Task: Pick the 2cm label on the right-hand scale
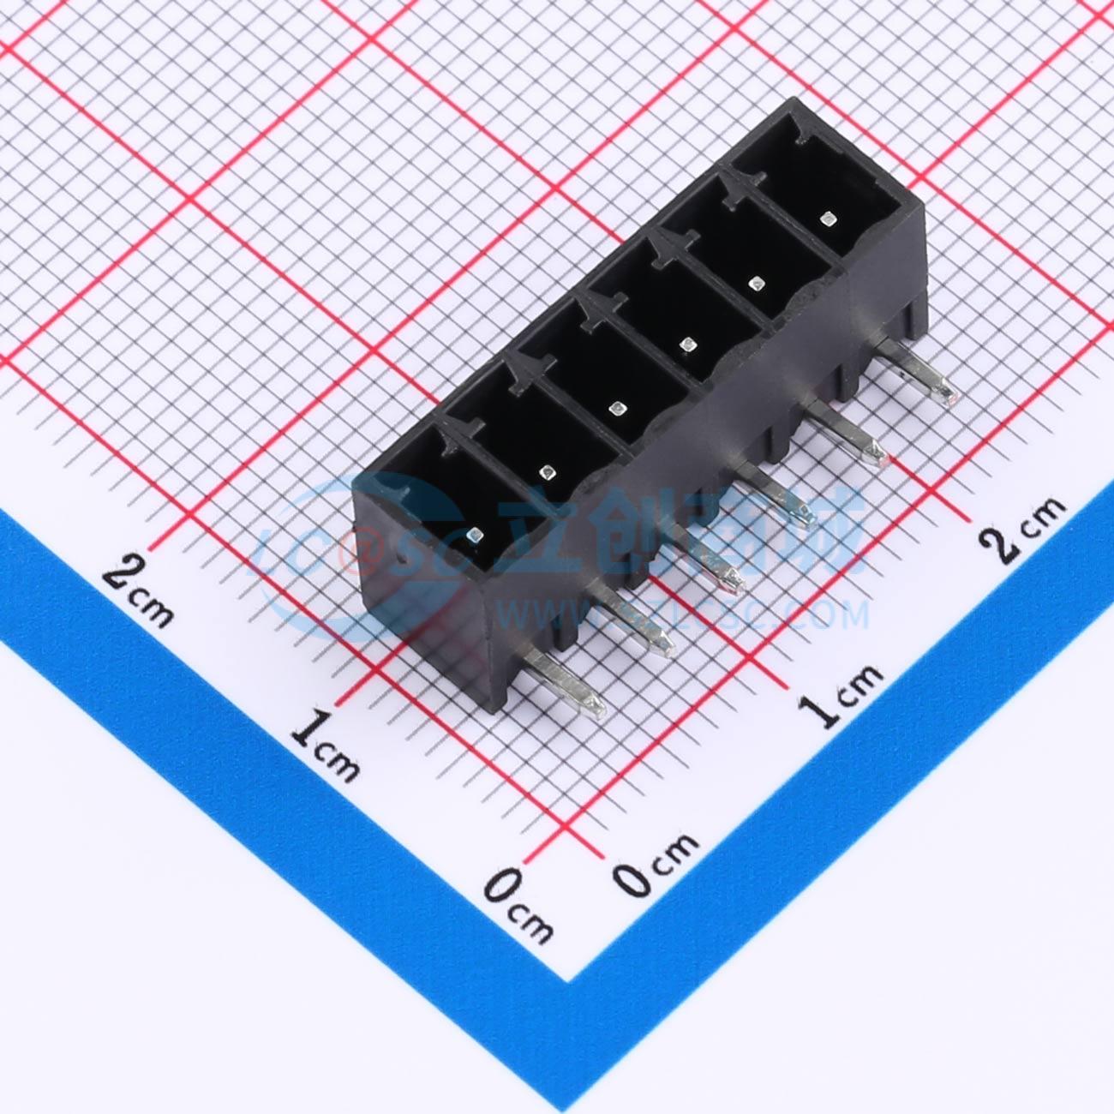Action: (1025, 527)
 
